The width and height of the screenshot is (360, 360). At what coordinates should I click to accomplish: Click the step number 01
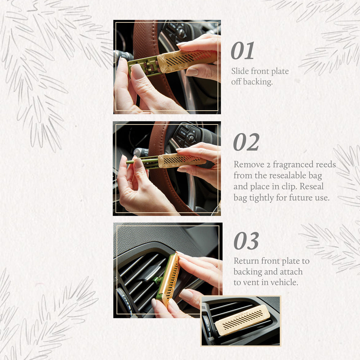[x=242, y=51]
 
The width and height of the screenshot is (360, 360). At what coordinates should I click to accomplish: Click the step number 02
[x=246, y=142]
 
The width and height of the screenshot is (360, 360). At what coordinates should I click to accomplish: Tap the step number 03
[x=246, y=241]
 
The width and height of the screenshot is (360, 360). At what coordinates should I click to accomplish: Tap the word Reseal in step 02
[x=312, y=187]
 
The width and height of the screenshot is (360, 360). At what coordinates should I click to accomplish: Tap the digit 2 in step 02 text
[x=267, y=165]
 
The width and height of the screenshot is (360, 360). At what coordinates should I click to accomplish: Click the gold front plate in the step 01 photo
[x=187, y=59]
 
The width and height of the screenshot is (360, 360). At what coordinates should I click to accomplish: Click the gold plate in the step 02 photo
[x=182, y=160]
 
